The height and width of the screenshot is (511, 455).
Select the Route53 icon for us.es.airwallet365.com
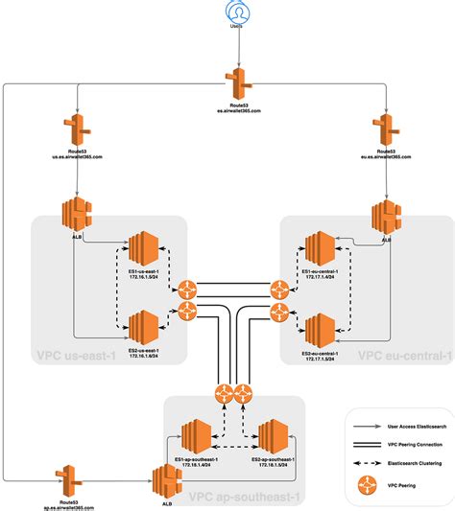pos(76,129)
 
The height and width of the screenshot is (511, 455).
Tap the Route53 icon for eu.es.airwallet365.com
pos(385,129)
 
